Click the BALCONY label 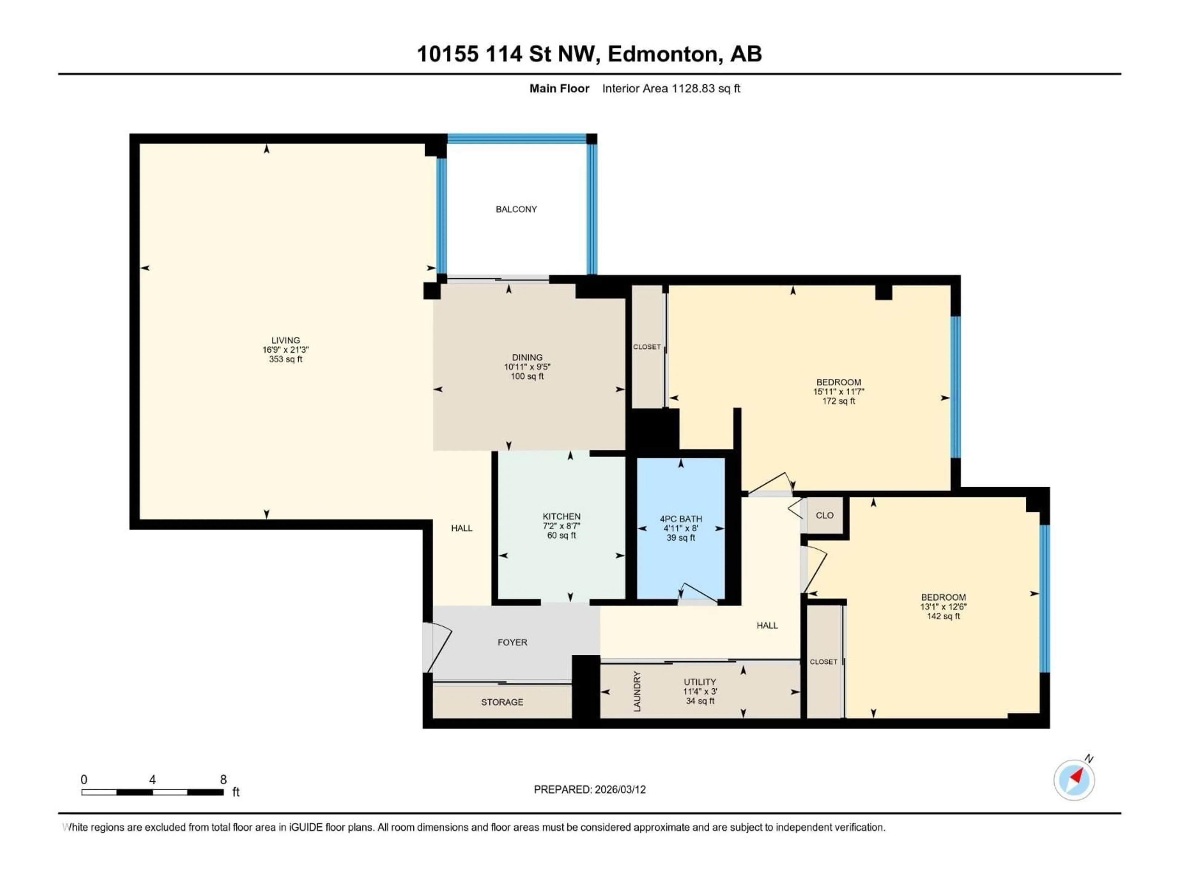(516, 209)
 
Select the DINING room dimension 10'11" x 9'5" (527, 367)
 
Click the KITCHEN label (561, 516)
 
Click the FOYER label (512, 642)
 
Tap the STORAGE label (502, 702)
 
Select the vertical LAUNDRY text (636, 691)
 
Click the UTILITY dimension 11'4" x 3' (700, 691)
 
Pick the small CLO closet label (824, 515)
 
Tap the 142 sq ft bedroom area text (943, 616)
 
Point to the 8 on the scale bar (223, 779)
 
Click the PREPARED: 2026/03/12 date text (589, 789)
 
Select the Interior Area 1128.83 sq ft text (671, 88)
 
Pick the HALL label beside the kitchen (462, 528)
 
